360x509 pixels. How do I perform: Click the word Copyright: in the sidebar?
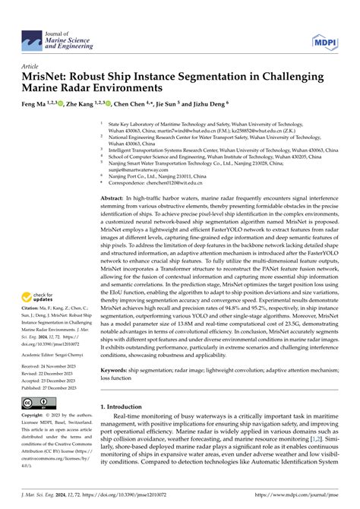pos(33,416)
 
